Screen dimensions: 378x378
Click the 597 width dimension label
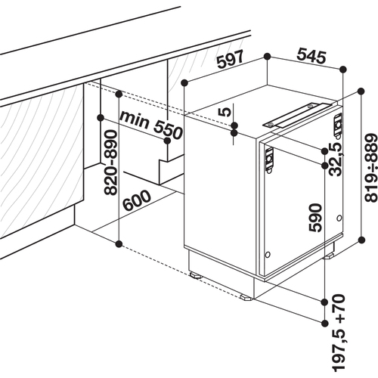[x=231, y=60]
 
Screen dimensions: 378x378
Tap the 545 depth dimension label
[x=311, y=56]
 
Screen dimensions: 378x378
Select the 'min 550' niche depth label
[x=151, y=125]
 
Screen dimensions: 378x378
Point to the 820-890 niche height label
[x=110, y=163]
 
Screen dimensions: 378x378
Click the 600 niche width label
[x=137, y=200]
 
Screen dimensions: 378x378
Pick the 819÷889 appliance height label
[x=371, y=168]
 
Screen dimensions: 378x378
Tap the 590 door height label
[x=315, y=218]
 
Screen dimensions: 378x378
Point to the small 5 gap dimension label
[x=224, y=112]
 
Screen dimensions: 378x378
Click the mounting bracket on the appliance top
[x=297, y=116]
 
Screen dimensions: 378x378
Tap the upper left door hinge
[x=269, y=160]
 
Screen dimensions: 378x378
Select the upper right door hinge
[x=338, y=125]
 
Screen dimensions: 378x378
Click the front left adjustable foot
[x=195, y=275]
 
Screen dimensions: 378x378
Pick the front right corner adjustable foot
[x=246, y=297]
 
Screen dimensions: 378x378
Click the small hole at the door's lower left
[x=268, y=255]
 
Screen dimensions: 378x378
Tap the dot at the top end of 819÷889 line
[x=361, y=91]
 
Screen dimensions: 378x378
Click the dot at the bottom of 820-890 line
[x=119, y=243]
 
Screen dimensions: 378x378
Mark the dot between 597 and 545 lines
[x=267, y=57]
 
